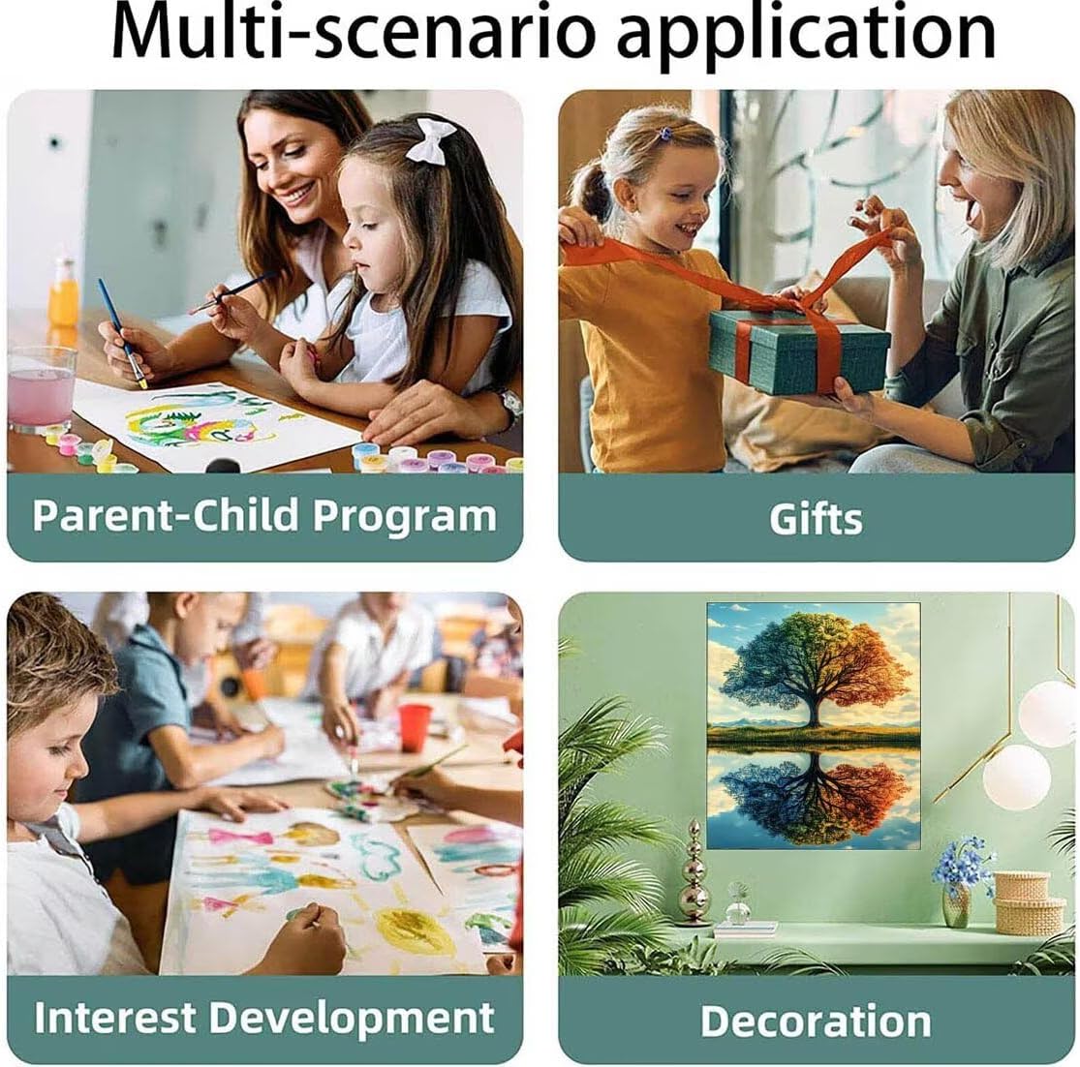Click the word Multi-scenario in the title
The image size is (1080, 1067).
(x=353, y=32)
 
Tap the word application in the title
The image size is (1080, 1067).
(x=807, y=36)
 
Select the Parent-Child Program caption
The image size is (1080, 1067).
(x=264, y=516)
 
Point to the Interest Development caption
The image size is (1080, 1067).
(x=264, y=1019)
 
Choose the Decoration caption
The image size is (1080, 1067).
(x=816, y=1021)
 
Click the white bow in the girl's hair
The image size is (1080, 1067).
(x=430, y=141)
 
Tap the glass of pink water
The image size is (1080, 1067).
(x=41, y=389)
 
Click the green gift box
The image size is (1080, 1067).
(x=799, y=351)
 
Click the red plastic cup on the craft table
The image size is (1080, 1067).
(x=414, y=727)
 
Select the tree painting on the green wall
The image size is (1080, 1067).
(x=814, y=725)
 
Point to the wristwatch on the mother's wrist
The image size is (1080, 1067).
(x=511, y=404)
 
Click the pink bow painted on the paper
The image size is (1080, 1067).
(x=241, y=838)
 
